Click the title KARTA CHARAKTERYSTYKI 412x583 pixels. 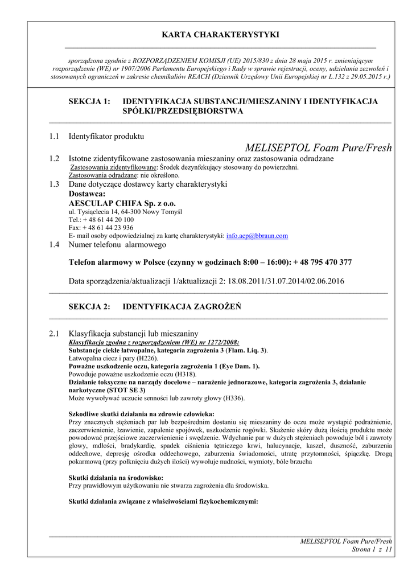tap(220, 35)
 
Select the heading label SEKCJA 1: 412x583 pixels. tap(89, 101)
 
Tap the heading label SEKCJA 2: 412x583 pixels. tap(89, 306)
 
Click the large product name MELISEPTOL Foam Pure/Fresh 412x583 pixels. tap(318, 148)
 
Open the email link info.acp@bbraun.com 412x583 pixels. tap(257, 235)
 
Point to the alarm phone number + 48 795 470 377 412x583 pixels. tap(323, 262)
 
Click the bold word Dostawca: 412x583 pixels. tap(87, 194)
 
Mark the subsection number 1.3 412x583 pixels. tap(54, 184)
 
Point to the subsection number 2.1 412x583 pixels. tap(54, 332)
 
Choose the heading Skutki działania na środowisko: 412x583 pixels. tap(116, 478)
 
